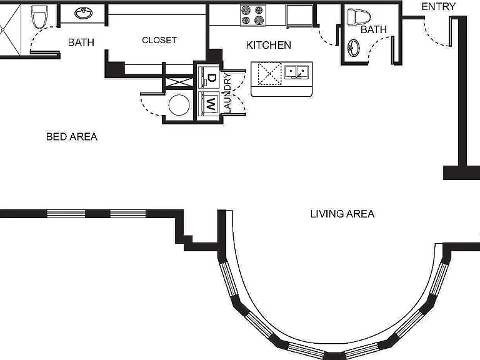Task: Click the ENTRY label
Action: tap(438, 6)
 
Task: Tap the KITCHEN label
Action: tap(269, 45)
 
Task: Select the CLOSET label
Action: tap(159, 40)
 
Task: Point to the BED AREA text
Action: tap(72, 136)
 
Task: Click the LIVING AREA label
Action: tap(342, 214)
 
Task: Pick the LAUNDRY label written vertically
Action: tap(227, 92)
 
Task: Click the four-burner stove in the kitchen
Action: tap(253, 15)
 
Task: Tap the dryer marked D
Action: tap(208, 77)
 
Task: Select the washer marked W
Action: tap(208, 104)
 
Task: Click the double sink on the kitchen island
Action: tap(296, 72)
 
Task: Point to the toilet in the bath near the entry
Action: tap(359, 16)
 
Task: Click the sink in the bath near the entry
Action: tap(354, 48)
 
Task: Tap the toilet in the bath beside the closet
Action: tap(39, 16)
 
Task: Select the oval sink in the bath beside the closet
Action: tap(83, 13)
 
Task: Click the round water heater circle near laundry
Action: tap(179, 105)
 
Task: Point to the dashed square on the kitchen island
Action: tap(270, 74)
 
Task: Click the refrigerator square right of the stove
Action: tap(299, 15)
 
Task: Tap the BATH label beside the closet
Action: tap(81, 42)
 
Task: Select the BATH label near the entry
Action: tap(374, 29)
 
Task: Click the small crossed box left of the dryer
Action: tap(179, 82)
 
